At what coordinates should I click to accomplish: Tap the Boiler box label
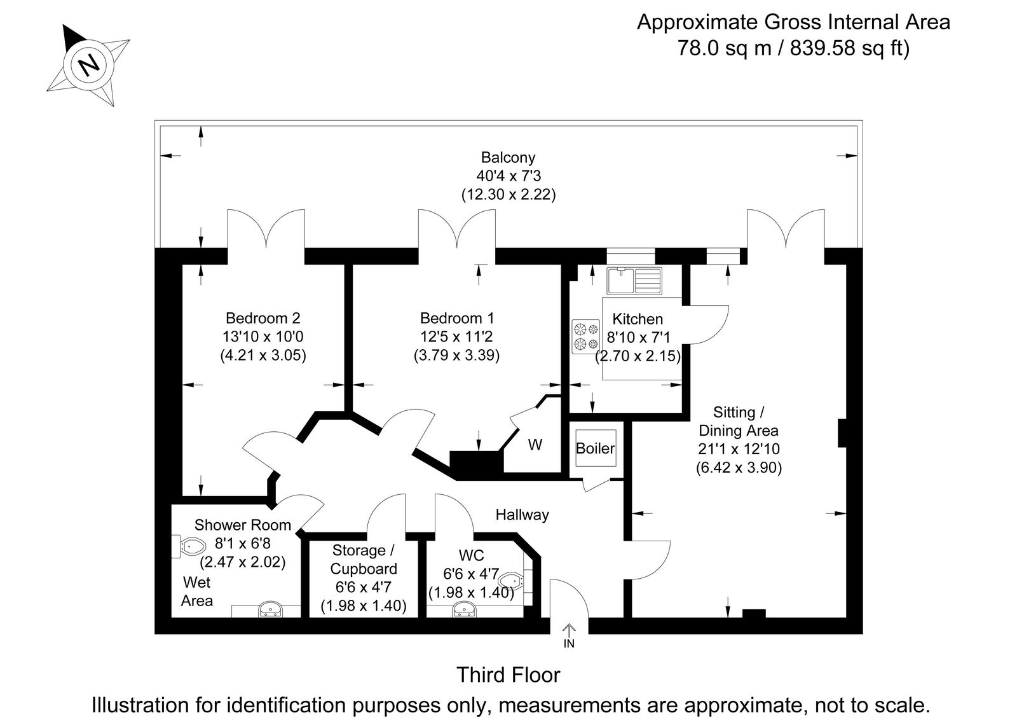click(x=595, y=448)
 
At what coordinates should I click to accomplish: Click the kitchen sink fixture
click(x=634, y=280)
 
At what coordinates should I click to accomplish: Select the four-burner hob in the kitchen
click(x=585, y=336)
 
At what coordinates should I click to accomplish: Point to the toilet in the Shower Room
click(x=190, y=546)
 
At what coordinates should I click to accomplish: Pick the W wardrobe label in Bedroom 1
click(x=535, y=445)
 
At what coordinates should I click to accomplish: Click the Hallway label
click(x=522, y=515)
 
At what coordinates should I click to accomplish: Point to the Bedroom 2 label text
click(x=263, y=318)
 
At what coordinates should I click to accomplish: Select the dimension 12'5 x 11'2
click(x=456, y=336)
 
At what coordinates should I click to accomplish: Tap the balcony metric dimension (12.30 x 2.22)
click(x=508, y=194)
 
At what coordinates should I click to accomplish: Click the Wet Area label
click(x=196, y=592)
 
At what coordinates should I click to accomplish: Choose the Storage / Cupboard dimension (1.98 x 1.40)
click(x=364, y=606)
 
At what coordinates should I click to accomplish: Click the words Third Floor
click(x=508, y=675)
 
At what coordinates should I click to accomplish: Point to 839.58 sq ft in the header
click(x=849, y=48)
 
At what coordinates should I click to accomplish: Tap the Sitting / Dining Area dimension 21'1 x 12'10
click(x=738, y=449)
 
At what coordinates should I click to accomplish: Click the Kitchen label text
click(x=637, y=319)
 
